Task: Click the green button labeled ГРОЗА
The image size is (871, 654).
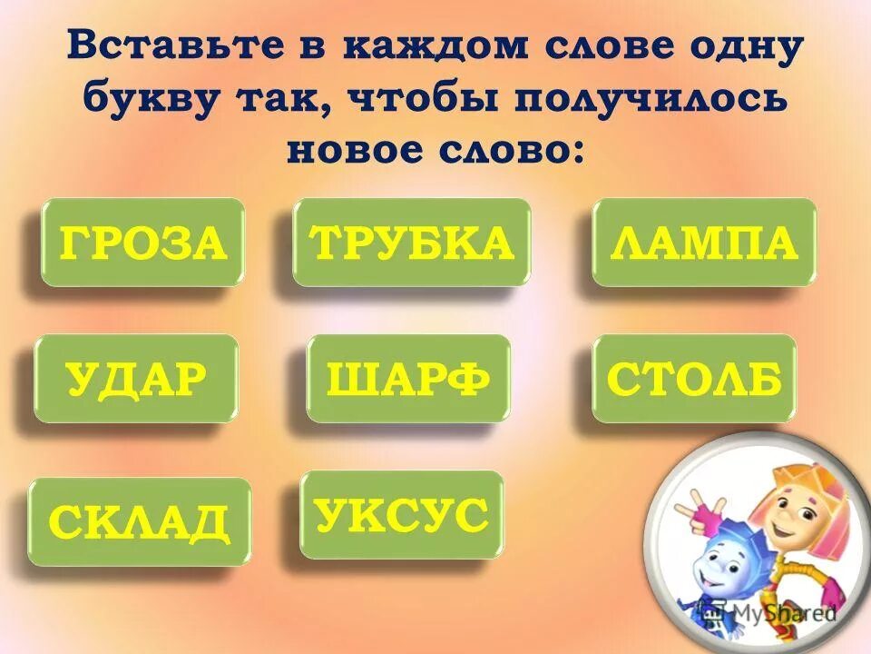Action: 142,243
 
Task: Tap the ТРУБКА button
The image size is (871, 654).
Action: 411,243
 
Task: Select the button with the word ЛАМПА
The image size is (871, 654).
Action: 704,243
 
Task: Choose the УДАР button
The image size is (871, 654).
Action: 136,379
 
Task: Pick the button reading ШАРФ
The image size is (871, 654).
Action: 408,379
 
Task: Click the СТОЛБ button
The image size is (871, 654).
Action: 694,379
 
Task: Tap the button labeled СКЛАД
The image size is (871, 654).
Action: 139,522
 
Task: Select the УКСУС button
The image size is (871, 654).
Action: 401,515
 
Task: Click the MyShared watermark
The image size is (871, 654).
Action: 799,615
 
